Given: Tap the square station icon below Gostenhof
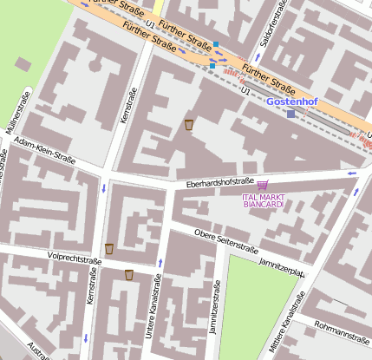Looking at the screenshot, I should (x=291, y=114).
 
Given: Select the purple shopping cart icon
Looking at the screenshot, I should (x=263, y=184).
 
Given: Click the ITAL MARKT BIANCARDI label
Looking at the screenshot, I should (x=263, y=200).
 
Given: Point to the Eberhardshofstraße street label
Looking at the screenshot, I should (x=219, y=182).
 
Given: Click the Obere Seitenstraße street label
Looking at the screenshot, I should (x=226, y=240).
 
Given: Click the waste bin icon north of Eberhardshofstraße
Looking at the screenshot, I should (x=189, y=125).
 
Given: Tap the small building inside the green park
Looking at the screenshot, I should (x=22, y=64).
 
